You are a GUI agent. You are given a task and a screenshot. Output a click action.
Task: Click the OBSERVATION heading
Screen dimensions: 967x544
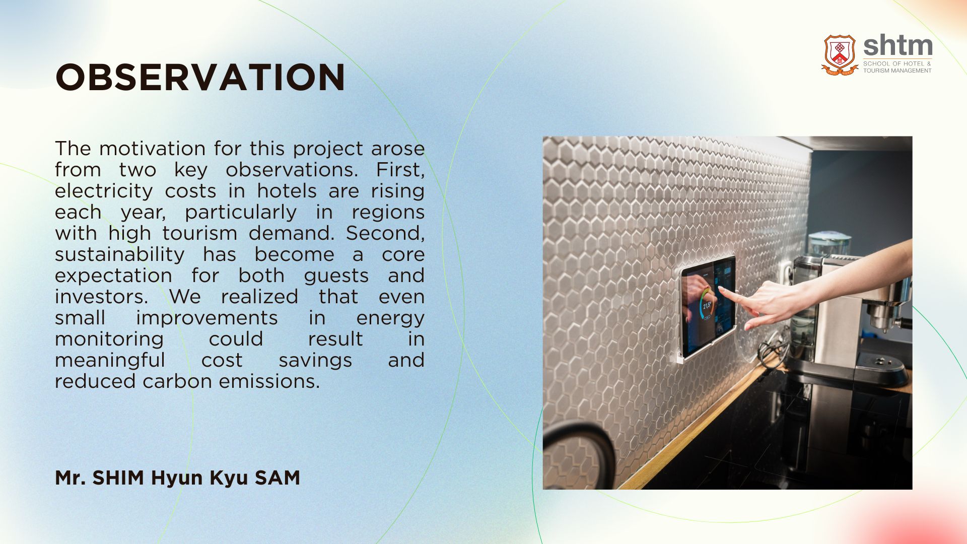click(x=200, y=78)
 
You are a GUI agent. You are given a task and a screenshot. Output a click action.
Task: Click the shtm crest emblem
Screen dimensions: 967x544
click(x=840, y=55)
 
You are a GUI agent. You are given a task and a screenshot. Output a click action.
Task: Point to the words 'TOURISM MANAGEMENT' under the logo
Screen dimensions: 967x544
click(x=897, y=71)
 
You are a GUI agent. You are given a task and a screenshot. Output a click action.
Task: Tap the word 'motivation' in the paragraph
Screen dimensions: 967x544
click(x=152, y=149)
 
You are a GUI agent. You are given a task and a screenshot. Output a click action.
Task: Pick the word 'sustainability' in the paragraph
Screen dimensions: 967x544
click(x=120, y=254)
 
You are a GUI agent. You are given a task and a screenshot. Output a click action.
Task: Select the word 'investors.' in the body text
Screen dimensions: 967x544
click(x=101, y=297)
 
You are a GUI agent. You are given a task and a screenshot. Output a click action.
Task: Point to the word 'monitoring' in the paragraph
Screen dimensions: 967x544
click(x=109, y=339)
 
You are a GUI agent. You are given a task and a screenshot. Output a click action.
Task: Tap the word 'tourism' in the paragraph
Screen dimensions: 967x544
click(x=199, y=233)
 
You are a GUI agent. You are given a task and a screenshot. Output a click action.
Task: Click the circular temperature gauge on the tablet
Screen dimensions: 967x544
click(x=707, y=304)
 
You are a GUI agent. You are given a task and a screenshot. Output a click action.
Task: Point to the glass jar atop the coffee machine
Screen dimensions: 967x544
click(x=829, y=244)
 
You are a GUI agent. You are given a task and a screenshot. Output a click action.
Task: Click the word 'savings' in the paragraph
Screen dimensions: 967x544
click(x=315, y=360)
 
